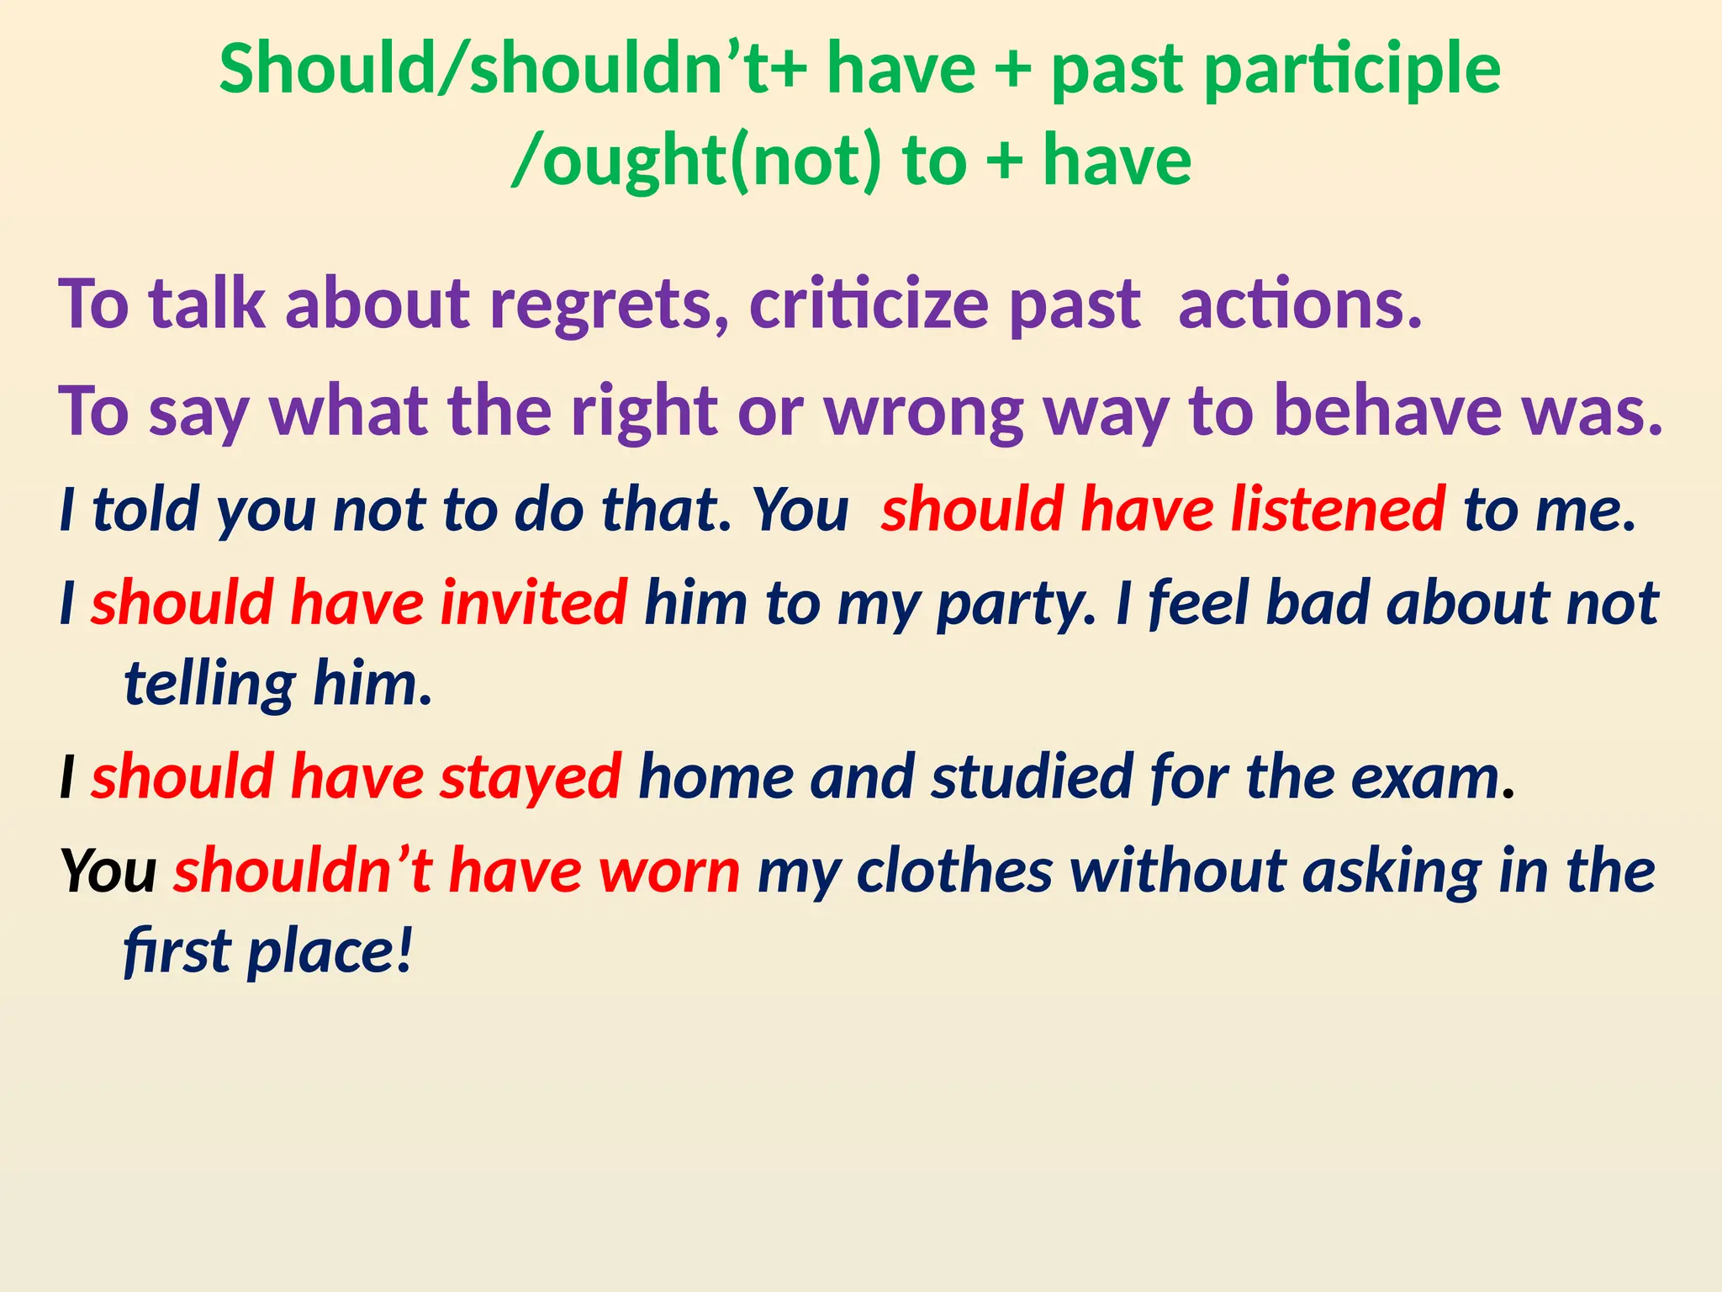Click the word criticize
pyautogui.click(x=869, y=304)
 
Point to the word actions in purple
pyautogui.click(x=1299, y=304)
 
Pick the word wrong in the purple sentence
pyautogui.click(x=923, y=411)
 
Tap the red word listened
pyautogui.click(x=1338, y=509)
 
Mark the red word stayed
pyautogui.click(x=531, y=777)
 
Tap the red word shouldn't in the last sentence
pyautogui.click(x=303, y=870)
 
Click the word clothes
pyautogui.click(x=954, y=870)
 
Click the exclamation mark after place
pyautogui.click(x=404, y=951)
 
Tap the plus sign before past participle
pyautogui.click(x=1013, y=69)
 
